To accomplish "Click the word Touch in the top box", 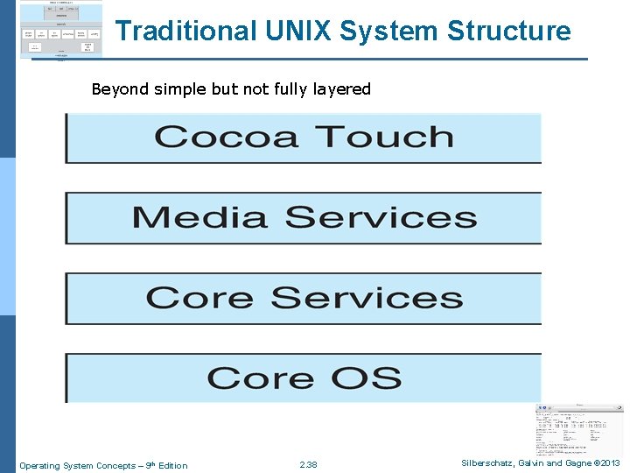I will pos(384,137).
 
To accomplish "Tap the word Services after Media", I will pos(381,217).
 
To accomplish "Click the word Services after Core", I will pos(367,298).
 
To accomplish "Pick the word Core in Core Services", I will pos(200,298).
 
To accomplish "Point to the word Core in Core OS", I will pos(261,378).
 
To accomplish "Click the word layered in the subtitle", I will pos(339,89).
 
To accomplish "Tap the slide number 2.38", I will pos(308,465).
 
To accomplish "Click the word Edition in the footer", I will pos(172,465).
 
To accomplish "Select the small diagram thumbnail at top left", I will pos(59,30).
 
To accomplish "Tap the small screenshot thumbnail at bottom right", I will pos(578,429).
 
